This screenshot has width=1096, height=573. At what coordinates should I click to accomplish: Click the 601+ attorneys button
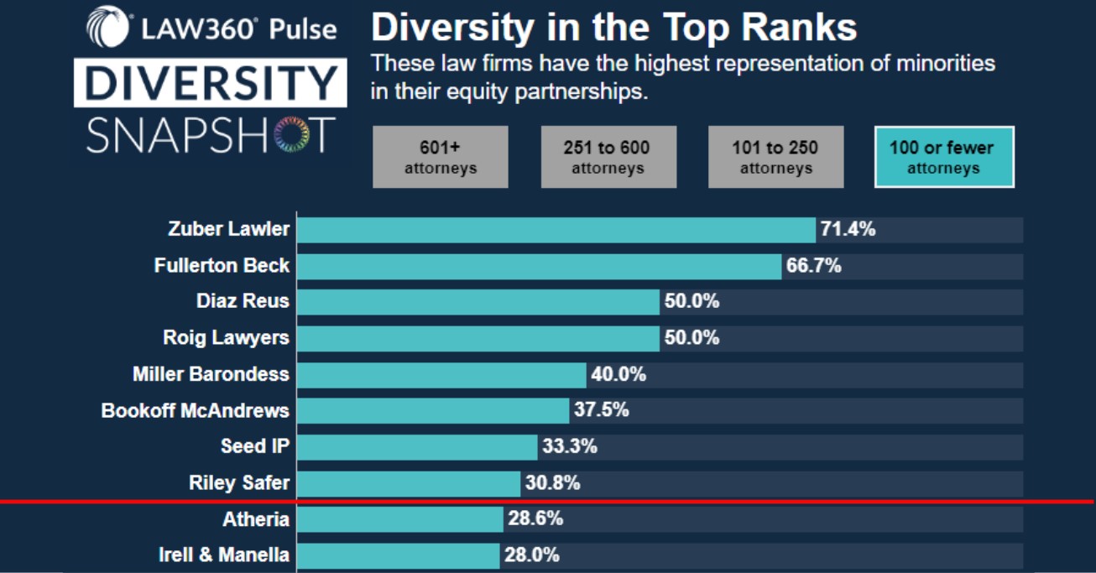[x=440, y=157]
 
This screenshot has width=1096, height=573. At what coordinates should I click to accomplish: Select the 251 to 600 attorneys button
[x=608, y=157]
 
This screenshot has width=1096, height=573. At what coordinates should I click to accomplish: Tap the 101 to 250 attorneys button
[x=775, y=157]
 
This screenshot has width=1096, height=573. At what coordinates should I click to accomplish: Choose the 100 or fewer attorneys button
[x=943, y=157]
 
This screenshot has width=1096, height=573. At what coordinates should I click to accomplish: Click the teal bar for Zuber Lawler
[x=556, y=229]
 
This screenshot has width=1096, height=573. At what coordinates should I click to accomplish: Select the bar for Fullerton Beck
[x=539, y=266]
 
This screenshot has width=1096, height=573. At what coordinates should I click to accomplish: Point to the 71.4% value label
[x=848, y=229]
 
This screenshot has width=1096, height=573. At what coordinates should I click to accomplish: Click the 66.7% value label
[x=814, y=266]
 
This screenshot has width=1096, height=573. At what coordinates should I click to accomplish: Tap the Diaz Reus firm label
[x=243, y=302]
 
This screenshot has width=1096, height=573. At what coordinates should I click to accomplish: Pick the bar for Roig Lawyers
[x=478, y=338]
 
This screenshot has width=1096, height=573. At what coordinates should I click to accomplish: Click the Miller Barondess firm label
[x=211, y=374]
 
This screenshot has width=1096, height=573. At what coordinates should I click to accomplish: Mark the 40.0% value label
[x=618, y=374]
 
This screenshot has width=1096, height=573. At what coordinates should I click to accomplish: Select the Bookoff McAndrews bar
[x=432, y=410]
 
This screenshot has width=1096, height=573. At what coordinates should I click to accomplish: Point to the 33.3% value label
[x=570, y=446]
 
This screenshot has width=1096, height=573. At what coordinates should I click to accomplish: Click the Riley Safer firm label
[x=239, y=483]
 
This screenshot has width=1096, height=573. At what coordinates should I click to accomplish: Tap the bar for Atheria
[x=399, y=519]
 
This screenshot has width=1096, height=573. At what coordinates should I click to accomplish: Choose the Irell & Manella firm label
[x=224, y=555]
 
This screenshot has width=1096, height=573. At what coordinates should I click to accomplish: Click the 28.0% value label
[x=531, y=555]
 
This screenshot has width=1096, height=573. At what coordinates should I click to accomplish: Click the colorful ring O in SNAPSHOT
[x=291, y=134]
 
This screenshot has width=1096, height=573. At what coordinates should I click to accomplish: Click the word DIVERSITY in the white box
[x=210, y=82]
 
